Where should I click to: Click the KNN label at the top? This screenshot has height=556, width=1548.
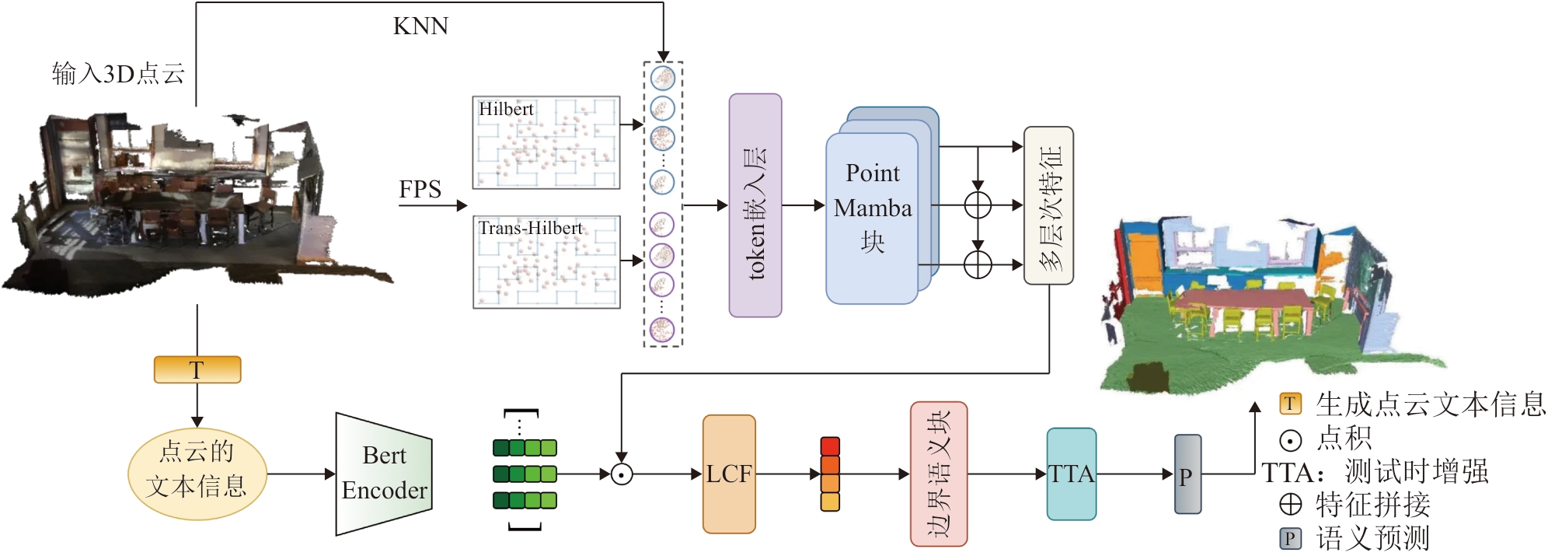pyautogui.click(x=420, y=26)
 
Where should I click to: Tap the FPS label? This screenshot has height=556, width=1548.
pyautogui.click(x=420, y=190)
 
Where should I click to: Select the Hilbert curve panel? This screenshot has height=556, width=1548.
pyautogui.click(x=546, y=142)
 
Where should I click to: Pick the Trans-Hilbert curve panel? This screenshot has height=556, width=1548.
pyautogui.click(x=546, y=262)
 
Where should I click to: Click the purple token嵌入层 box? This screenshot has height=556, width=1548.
pyautogui.click(x=755, y=205)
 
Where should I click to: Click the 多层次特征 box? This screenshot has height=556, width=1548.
pyautogui.click(x=1048, y=205)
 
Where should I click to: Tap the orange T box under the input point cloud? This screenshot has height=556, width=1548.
pyautogui.click(x=197, y=369)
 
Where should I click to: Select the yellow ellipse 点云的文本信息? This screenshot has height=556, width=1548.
pyautogui.click(x=197, y=474)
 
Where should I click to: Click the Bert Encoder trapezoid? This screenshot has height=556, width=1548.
pyautogui.click(x=384, y=474)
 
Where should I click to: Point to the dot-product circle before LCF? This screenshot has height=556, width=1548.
pyautogui.click(x=621, y=474)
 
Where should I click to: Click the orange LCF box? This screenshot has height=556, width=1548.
pyautogui.click(x=729, y=474)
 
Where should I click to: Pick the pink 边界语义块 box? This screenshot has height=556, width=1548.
pyautogui.click(x=939, y=474)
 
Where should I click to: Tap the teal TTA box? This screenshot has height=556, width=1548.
pyautogui.click(x=1072, y=474)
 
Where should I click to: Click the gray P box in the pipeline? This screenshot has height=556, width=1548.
pyautogui.click(x=1187, y=474)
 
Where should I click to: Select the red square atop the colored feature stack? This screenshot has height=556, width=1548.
pyautogui.click(x=830, y=446)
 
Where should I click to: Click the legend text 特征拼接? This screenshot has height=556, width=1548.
pyautogui.click(x=1373, y=505)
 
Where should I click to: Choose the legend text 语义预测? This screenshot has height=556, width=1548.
pyautogui.click(x=1373, y=538)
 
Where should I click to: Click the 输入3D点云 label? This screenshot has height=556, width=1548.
pyautogui.click(x=118, y=74)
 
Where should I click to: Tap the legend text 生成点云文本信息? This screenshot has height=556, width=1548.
pyautogui.click(x=1430, y=404)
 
